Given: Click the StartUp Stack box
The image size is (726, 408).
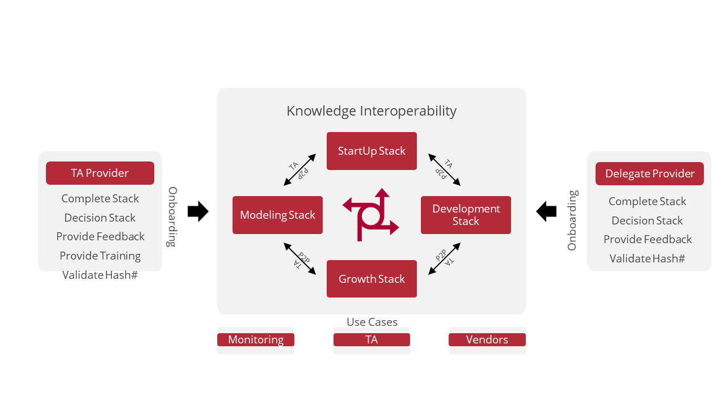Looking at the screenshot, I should [372, 151].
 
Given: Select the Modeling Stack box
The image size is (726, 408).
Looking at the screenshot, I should [277, 215].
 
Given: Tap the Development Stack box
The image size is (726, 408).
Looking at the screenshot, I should [466, 215].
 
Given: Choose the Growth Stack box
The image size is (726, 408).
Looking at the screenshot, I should [372, 279].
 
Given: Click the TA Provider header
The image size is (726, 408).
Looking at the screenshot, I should [100, 173].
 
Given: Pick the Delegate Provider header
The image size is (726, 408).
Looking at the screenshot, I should [649, 173].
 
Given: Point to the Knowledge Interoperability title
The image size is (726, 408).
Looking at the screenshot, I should [372, 110].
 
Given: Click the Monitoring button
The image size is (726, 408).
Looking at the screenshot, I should [256, 339].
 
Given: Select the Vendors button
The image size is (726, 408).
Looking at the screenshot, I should [487, 339].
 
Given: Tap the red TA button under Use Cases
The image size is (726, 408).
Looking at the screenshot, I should [372, 339].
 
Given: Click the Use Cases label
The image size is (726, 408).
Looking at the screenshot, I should [372, 322].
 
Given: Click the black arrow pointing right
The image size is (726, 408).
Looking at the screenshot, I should [198, 211].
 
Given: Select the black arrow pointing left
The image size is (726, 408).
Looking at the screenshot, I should [546, 211].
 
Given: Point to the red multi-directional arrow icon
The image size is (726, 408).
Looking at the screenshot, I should [371, 214].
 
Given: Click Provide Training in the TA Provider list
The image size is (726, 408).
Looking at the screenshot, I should [100, 256].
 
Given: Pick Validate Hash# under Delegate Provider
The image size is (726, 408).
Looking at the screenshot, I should [647, 258].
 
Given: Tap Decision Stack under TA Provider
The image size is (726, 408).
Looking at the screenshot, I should [100, 218].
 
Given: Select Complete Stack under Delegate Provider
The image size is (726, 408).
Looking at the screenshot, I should [647, 201].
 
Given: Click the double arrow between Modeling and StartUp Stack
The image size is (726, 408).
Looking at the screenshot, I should [299, 169].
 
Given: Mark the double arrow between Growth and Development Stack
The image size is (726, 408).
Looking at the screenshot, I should [444, 259].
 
